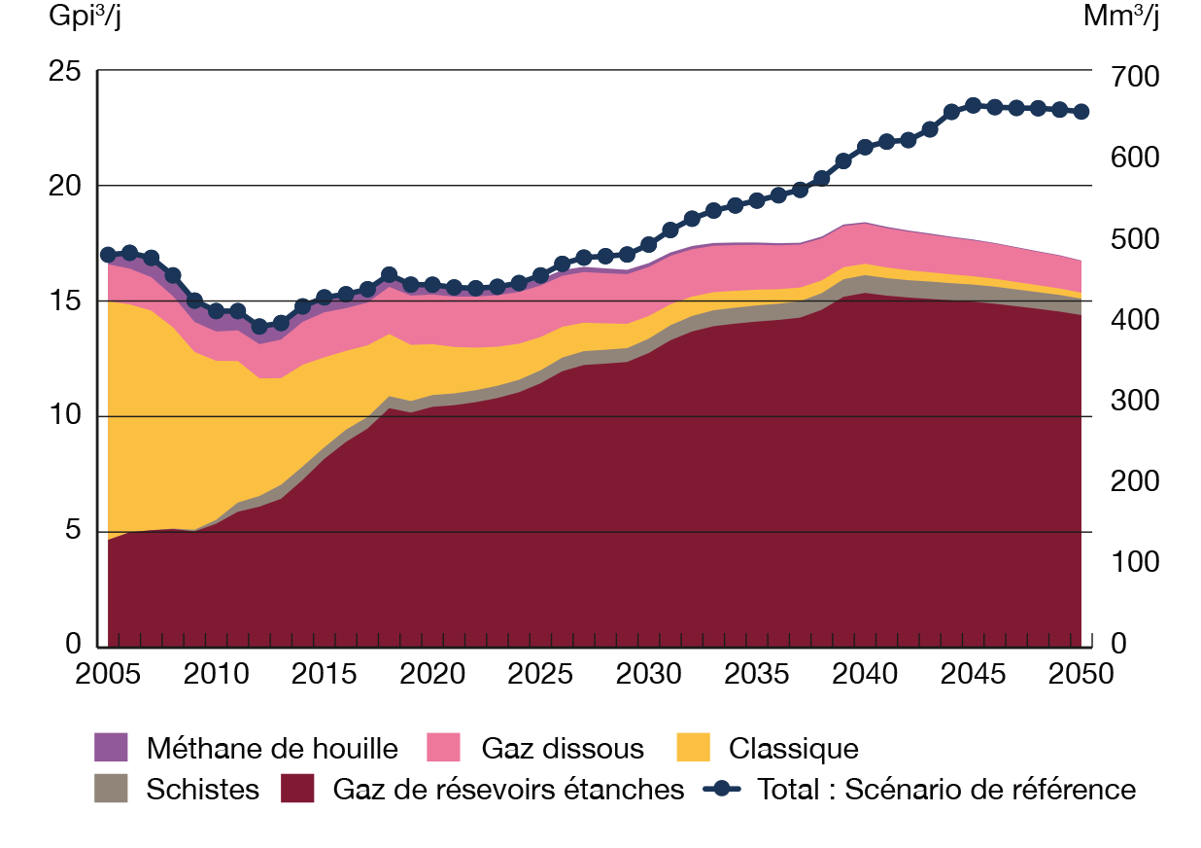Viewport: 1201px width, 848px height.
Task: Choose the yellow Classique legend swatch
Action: (x=693, y=748)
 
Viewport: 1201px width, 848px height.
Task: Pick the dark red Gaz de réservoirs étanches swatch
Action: (x=297, y=788)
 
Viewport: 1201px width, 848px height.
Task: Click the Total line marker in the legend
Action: (x=722, y=788)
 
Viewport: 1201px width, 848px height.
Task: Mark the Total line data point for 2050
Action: (x=1082, y=112)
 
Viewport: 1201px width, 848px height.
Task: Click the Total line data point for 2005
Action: (x=108, y=255)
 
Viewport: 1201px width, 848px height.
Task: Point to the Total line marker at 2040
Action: (x=866, y=147)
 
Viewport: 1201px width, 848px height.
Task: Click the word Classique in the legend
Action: (x=793, y=749)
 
